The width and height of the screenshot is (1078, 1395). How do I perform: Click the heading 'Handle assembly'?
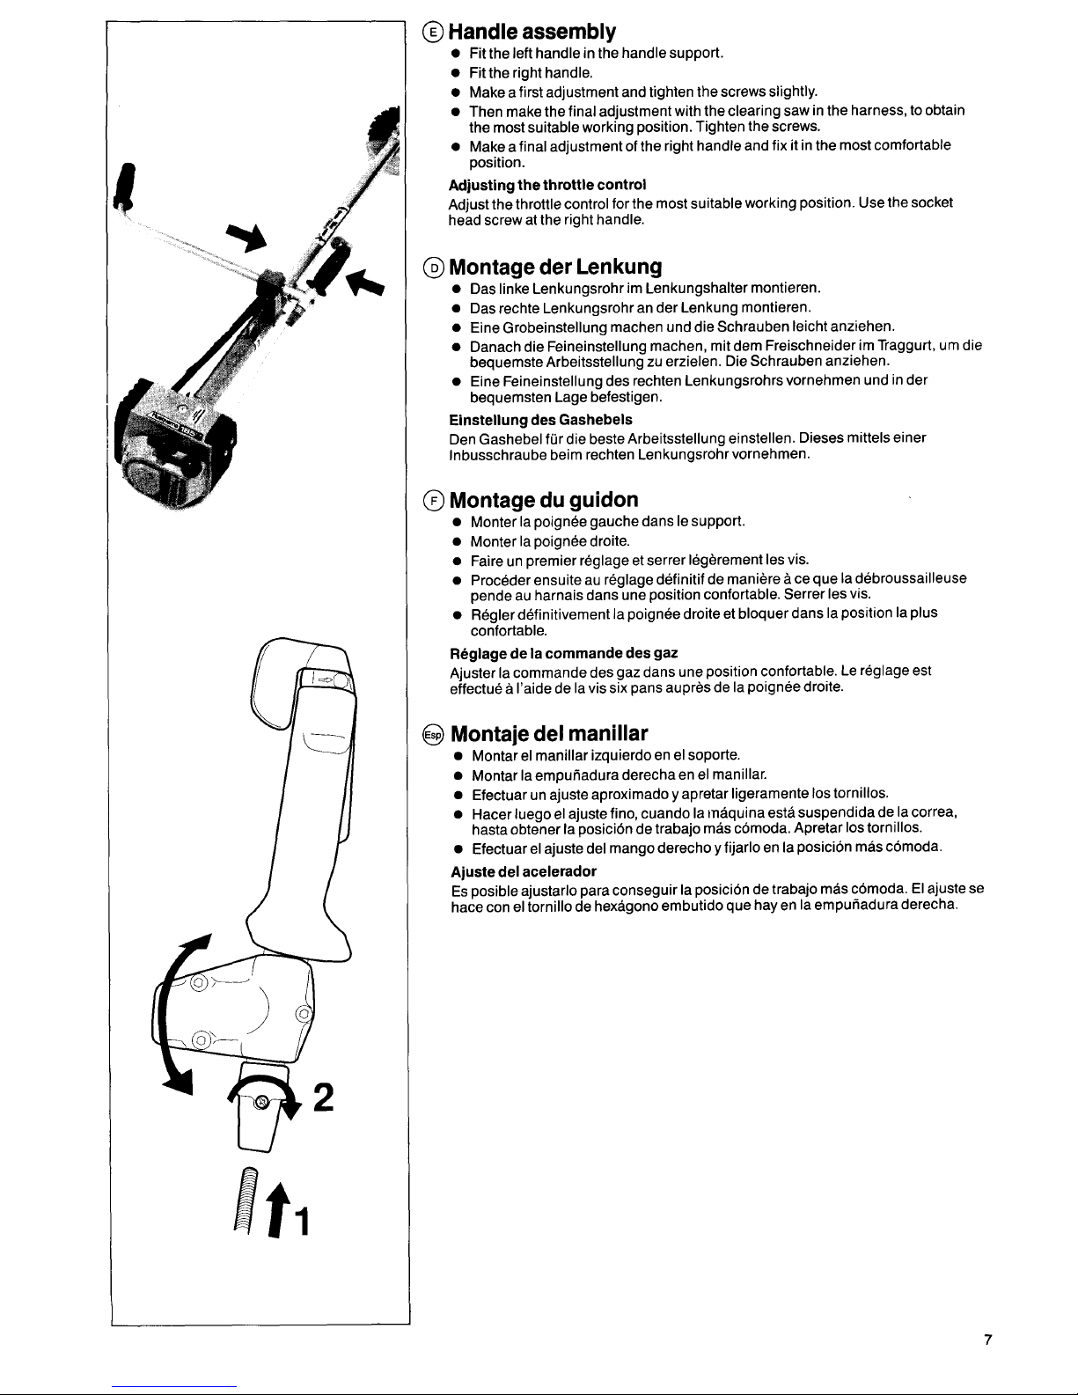pos(532,32)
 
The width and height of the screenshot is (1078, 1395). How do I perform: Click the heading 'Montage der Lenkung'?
pos(555,267)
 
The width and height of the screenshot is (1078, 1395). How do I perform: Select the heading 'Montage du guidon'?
pos(544,499)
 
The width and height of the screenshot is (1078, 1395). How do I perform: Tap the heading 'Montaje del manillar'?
pos(548,733)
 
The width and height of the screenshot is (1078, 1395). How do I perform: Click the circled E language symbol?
pos(433,32)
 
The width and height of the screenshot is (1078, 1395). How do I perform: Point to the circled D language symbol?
pos(434,267)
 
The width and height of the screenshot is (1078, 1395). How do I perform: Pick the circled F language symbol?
pos(434,500)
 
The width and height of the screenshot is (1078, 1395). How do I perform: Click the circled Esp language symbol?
pos(434,734)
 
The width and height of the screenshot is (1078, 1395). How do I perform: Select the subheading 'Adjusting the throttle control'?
pos(546,185)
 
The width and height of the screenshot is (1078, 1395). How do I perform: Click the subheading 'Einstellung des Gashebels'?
pos(540,420)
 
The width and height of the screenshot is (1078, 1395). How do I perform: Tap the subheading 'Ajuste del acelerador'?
pos(524,871)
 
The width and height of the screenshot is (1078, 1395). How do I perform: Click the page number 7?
pos(988,1340)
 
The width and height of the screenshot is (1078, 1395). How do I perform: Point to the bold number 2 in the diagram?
pos(324,1098)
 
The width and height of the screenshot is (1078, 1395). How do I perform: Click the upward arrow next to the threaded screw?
pos(277,1210)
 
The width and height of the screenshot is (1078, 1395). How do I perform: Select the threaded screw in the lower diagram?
pos(246,1200)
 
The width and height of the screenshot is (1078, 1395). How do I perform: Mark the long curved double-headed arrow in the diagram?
pos(178,1014)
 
